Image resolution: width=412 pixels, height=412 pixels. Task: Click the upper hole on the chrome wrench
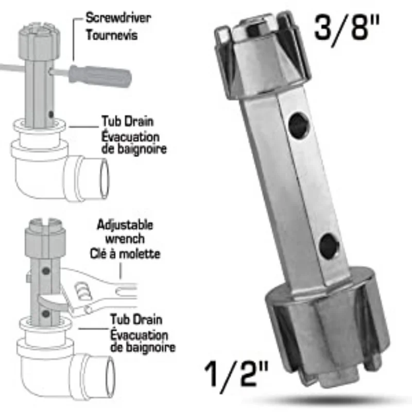[x=298, y=124]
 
